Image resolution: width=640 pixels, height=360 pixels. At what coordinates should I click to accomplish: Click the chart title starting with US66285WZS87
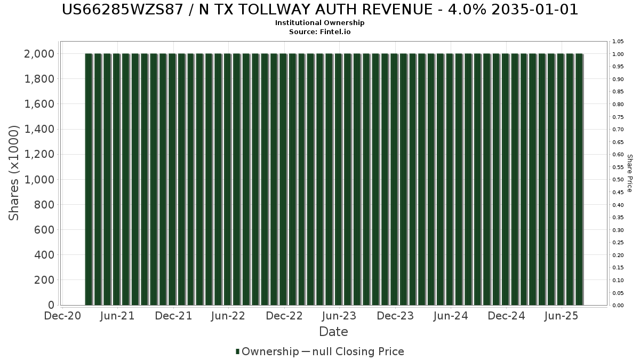320,10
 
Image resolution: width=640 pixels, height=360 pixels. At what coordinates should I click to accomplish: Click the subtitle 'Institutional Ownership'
320,23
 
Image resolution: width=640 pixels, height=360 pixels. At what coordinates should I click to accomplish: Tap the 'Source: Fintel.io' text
320,31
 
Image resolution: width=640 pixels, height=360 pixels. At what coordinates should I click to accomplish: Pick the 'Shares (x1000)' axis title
14,173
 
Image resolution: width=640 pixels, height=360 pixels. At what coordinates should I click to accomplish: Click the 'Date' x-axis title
333,332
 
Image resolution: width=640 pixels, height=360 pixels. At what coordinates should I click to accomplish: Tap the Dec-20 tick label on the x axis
62,316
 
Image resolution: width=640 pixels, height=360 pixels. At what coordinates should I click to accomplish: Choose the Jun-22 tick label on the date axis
228,316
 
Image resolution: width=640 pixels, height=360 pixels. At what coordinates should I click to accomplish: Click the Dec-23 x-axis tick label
395,316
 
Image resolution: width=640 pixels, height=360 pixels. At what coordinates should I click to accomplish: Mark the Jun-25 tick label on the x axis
561,316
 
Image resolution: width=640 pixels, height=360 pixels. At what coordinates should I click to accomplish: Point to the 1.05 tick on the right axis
618,42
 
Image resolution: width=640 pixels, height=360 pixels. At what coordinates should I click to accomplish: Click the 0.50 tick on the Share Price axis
618,180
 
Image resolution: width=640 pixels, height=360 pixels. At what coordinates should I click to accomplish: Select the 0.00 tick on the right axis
618,306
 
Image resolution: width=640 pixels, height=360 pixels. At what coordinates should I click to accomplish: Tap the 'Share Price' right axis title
629,173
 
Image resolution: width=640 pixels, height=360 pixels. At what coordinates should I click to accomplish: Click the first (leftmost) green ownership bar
89,179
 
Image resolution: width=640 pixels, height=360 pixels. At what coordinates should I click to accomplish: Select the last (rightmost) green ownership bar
579,179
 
